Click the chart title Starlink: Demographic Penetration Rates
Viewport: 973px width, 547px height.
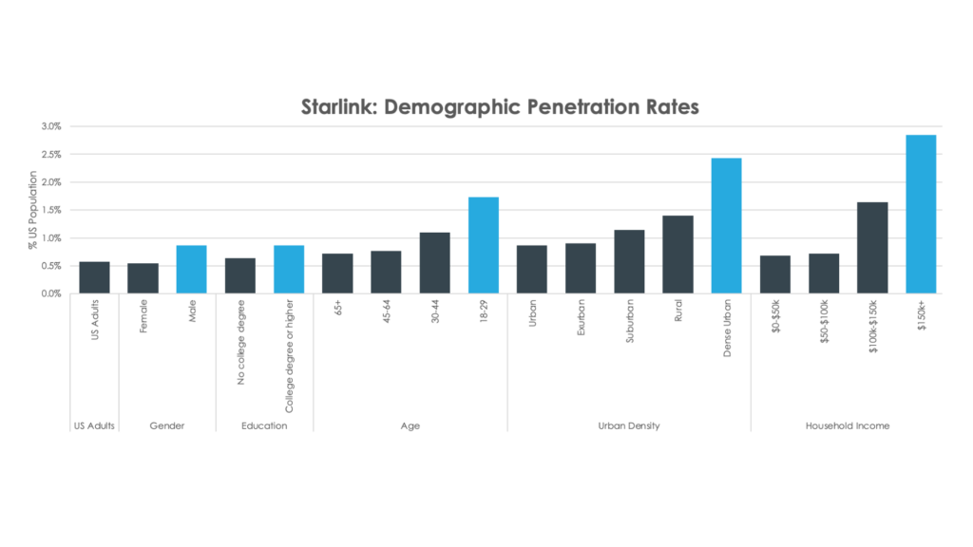click(x=500, y=106)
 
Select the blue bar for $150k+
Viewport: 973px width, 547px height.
click(x=921, y=214)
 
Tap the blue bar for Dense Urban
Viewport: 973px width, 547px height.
click(x=726, y=226)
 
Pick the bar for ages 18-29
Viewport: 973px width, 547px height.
click(x=483, y=245)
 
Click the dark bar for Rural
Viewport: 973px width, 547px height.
click(x=677, y=255)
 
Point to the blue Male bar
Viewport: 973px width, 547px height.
click(x=191, y=270)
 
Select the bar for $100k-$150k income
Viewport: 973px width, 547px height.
click(x=872, y=248)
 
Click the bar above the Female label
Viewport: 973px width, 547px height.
click(x=143, y=278)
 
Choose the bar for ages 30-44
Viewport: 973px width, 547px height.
click(x=434, y=263)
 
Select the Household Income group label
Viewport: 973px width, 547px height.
click(x=848, y=426)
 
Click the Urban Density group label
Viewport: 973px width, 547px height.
click(x=628, y=426)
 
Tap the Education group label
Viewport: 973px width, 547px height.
click(x=264, y=426)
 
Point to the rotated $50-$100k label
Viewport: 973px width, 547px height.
click(x=824, y=325)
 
